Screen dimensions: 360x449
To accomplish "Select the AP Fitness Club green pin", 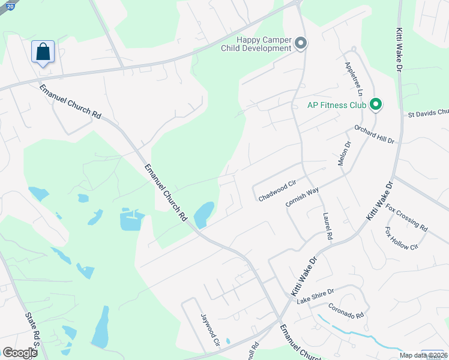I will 376,105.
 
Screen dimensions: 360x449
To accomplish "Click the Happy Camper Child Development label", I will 264,44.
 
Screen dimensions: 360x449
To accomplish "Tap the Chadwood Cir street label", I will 277,193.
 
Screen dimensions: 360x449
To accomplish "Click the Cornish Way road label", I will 302,197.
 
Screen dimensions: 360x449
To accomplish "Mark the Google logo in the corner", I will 20,353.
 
